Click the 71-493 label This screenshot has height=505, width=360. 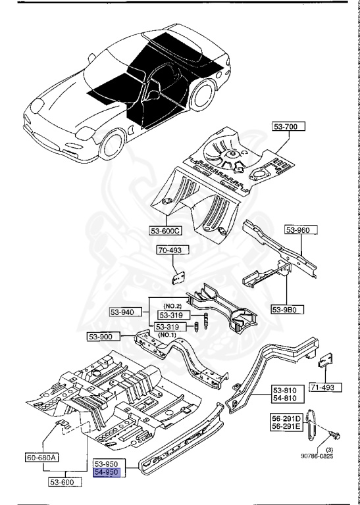(x=322, y=387)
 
